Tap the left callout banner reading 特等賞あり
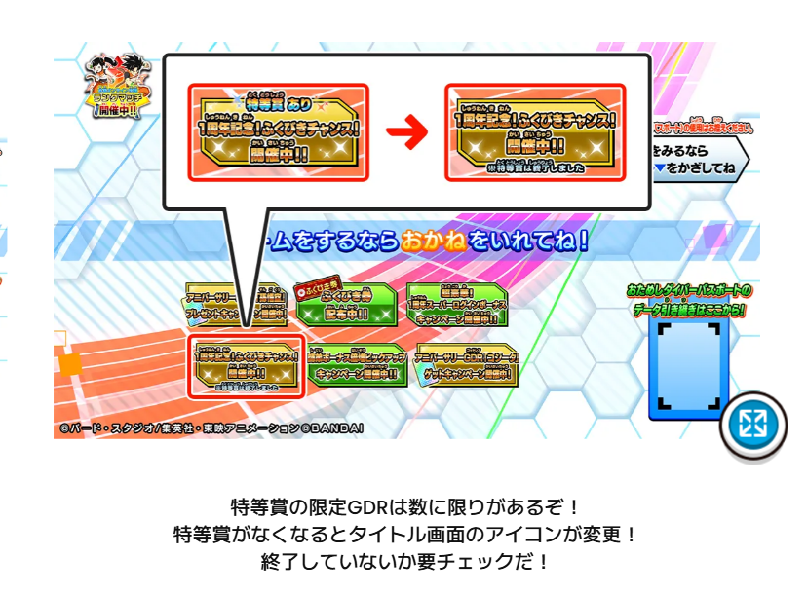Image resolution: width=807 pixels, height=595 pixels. pos(279,131)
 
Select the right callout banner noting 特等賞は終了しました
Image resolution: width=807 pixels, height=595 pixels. pos(534,131)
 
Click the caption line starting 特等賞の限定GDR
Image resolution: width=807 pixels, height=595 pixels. pos(403,508)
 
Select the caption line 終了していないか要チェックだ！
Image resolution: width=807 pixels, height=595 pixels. pos(403,562)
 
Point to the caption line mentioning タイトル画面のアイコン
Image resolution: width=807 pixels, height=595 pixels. pos(403,535)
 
